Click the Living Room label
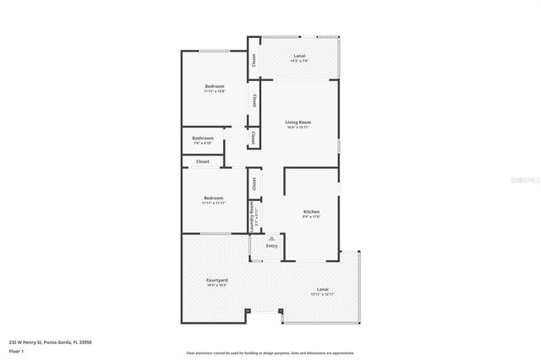298,123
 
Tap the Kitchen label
312,211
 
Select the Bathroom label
203,138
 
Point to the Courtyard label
217,280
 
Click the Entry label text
271,246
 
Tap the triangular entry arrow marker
271,239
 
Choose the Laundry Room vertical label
252,215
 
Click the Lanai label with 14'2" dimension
300,56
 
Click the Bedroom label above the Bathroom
214,86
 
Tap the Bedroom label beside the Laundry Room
213,198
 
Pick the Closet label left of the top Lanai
253,59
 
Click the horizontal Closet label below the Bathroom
203,161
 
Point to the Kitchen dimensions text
312,217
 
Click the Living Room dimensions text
298,128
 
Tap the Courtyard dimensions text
217,286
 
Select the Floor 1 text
17,350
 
